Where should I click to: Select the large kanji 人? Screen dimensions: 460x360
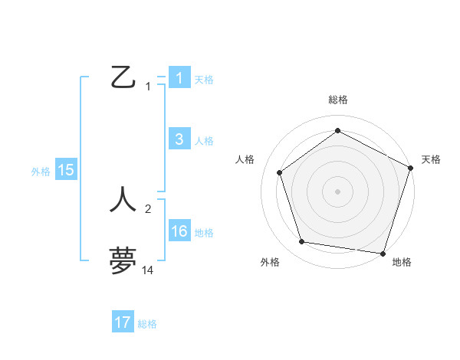[123, 199]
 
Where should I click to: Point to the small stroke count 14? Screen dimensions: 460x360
[148, 270]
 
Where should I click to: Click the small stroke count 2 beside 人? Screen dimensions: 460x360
[148, 208]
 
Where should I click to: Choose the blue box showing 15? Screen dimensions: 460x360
[66, 171]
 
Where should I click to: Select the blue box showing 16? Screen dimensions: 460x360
[179, 232]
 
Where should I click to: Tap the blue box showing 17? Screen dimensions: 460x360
[123, 322]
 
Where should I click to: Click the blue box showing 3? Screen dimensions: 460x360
[179, 139]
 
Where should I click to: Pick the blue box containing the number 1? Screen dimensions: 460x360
[179, 77]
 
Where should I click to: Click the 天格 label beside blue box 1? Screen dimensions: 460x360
[204, 79]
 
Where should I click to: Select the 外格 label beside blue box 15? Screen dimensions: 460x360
[41, 172]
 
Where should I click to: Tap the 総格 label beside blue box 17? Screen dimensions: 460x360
[147, 324]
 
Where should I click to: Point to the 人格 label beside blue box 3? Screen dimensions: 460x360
[204, 141]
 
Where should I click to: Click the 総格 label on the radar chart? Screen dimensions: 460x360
[337, 100]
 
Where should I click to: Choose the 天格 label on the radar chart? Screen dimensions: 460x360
[431, 159]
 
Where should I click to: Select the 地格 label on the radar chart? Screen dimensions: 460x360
[402, 262]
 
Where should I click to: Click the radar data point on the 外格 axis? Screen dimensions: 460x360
[302, 242]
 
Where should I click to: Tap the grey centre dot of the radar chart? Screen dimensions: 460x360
[337, 191]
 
